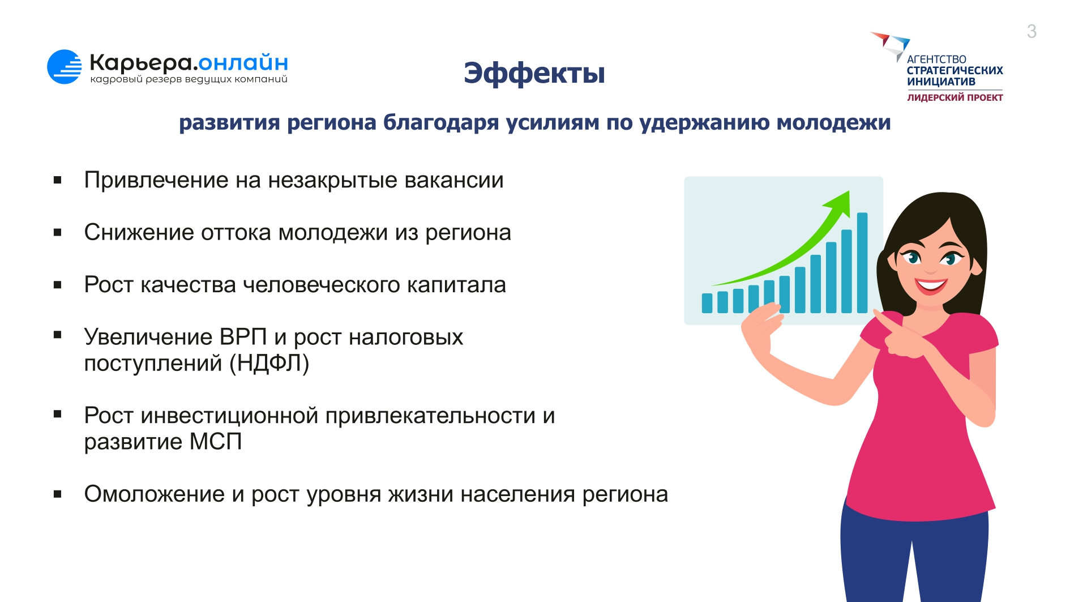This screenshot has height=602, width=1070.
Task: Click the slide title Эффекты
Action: [x=534, y=74]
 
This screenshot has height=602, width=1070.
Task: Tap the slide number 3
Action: [x=1032, y=31]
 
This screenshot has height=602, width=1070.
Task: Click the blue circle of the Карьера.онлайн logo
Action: [x=64, y=67]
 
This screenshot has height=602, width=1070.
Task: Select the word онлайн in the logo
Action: [x=243, y=62]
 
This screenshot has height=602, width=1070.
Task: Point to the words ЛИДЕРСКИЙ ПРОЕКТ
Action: [x=955, y=97]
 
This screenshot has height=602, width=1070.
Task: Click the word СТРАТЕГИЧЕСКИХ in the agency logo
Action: [x=955, y=71]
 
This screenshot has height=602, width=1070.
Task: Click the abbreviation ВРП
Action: [x=243, y=337]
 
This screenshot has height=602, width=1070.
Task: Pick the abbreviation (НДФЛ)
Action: [x=269, y=364]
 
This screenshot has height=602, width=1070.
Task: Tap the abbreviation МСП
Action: [x=216, y=442]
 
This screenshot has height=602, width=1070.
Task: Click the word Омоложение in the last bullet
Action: [x=155, y=494]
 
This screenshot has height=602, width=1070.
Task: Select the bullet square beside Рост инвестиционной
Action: [x=57, y=414]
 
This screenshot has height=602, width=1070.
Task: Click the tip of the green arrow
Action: [x=849, y=191]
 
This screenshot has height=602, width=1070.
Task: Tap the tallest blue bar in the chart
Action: [x=862, y=263]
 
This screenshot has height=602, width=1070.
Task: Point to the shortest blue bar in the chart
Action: [x=707, y=303]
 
